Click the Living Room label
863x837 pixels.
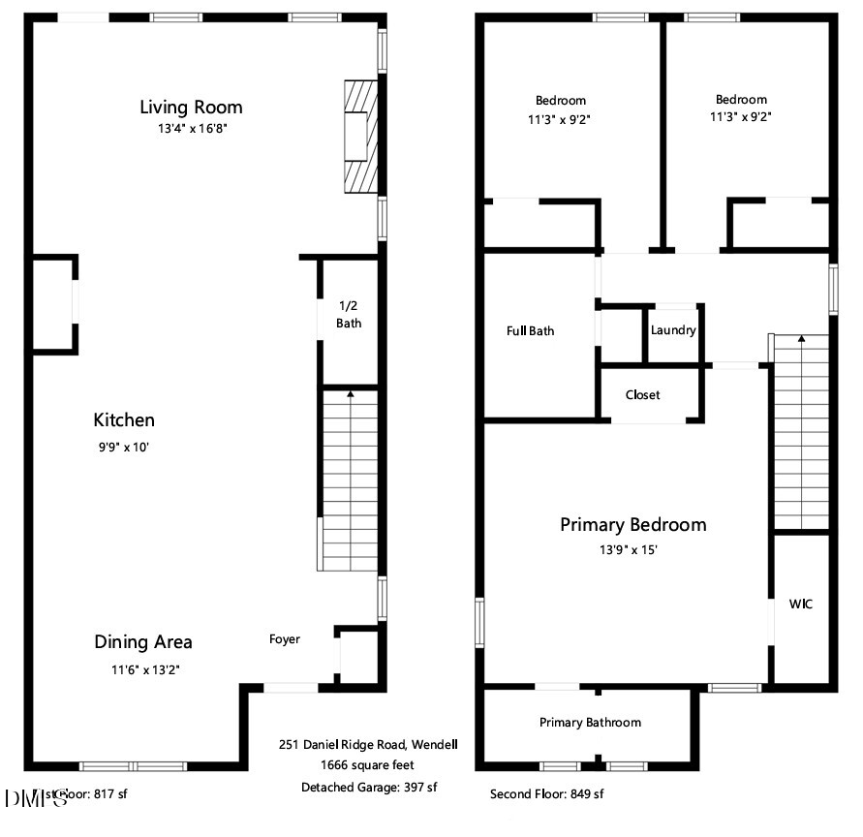tap(191, 107)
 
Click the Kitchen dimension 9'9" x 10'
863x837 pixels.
tap(124, 448)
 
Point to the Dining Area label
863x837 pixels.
tap(142, 641)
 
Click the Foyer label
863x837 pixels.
tap(285, 639)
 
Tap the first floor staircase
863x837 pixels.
tap(349, 480)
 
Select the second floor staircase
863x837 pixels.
tap(801, 431)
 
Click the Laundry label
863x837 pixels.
tap(673, 330)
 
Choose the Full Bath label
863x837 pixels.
tap(531, 331)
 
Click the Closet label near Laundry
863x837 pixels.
tap(643, 395)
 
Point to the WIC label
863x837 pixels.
tap(801, 604)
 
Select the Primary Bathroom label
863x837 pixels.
tap(590, 723)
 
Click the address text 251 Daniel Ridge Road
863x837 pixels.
tap(368, 745)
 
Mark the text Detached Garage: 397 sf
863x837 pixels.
tap(369, 788)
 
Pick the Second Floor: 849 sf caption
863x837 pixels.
tap(546, 794)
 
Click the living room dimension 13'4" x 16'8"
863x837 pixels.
tap(191, 129)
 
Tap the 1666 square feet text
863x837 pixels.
tap(369, 766)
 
